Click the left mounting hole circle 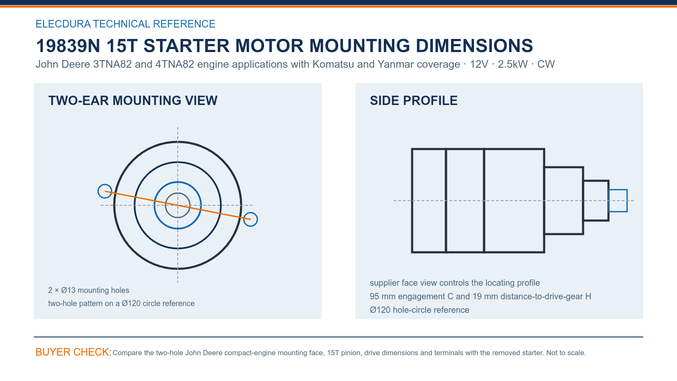[98, 191]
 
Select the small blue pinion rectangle [618, 190]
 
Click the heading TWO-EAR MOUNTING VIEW [133, 101]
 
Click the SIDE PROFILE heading [413, 101]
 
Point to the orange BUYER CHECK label [74, 352]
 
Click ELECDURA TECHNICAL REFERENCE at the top [125, 24]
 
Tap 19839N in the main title [68, 46]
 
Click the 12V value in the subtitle [479, 64]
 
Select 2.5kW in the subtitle [512, 64]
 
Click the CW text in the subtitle [546, 64]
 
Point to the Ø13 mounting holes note [88, 290]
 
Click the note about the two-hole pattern [121, 303]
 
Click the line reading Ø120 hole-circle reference [419, 310]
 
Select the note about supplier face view [454, 283]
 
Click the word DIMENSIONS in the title [474, 46]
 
